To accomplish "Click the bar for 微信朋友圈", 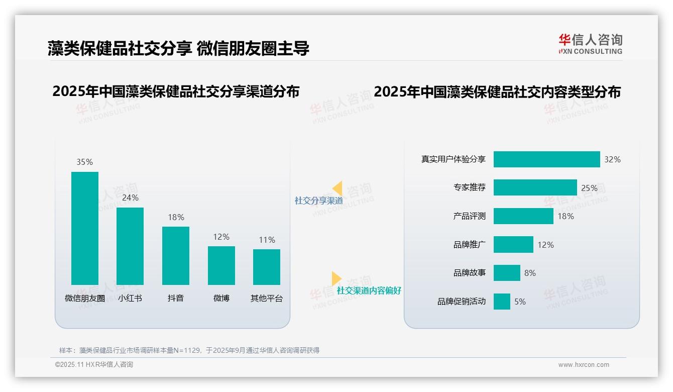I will (85, 228).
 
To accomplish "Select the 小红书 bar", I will (130, 246).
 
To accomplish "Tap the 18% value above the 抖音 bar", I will (176, 217).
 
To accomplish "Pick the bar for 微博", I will (221, 265).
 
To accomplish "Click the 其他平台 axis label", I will (267, 298).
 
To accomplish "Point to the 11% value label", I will (267, 240).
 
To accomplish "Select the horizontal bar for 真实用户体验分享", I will (546, 159).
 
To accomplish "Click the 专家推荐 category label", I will (469, 188).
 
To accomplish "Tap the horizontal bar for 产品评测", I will (523, 216).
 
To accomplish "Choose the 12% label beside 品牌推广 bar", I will (545, 245).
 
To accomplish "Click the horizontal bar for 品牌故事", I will (507, 273).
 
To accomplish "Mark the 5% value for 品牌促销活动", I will (520, 302).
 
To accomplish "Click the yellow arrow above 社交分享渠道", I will (337, 188).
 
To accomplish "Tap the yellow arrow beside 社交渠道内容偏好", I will (336, 278).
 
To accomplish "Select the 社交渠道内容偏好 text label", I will (369, 290).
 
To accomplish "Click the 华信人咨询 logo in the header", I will (590, 44).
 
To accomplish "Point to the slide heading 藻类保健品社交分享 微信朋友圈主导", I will (178, 48).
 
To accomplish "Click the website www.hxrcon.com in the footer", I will (584, 365).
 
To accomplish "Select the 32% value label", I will (612, 159).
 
